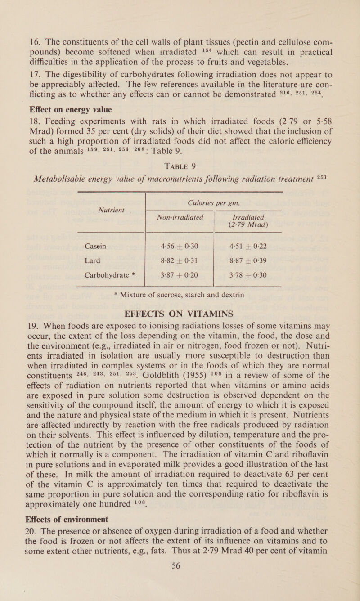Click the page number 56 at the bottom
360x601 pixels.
[180, 589]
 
